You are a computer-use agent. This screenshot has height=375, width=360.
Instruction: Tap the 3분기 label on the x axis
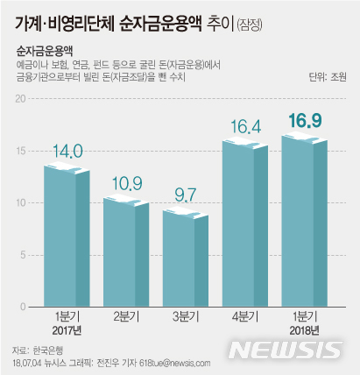pyautogui.click(x=186, y=317)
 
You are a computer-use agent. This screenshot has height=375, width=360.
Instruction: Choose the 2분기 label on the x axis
pyautogui.click(x=126, y=317)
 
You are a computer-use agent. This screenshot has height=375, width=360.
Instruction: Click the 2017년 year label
pyautogui.click(x=67, y=331)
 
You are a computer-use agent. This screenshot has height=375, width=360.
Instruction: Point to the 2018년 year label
pyautogui.click(x=304, y=331)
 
